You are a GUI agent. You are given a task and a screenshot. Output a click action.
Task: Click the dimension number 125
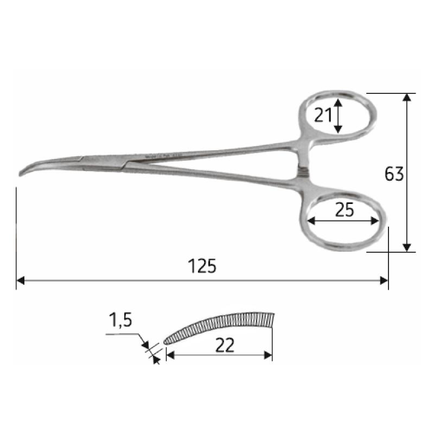tap(202, 266)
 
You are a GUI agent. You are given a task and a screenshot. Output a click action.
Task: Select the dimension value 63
tap(394, 174)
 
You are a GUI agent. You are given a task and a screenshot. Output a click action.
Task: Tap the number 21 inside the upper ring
tap(323, 115)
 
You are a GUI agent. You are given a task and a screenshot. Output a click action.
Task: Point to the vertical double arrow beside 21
tap(338, 116)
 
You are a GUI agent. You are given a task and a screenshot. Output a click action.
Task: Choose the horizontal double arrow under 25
tap(342, 221)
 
